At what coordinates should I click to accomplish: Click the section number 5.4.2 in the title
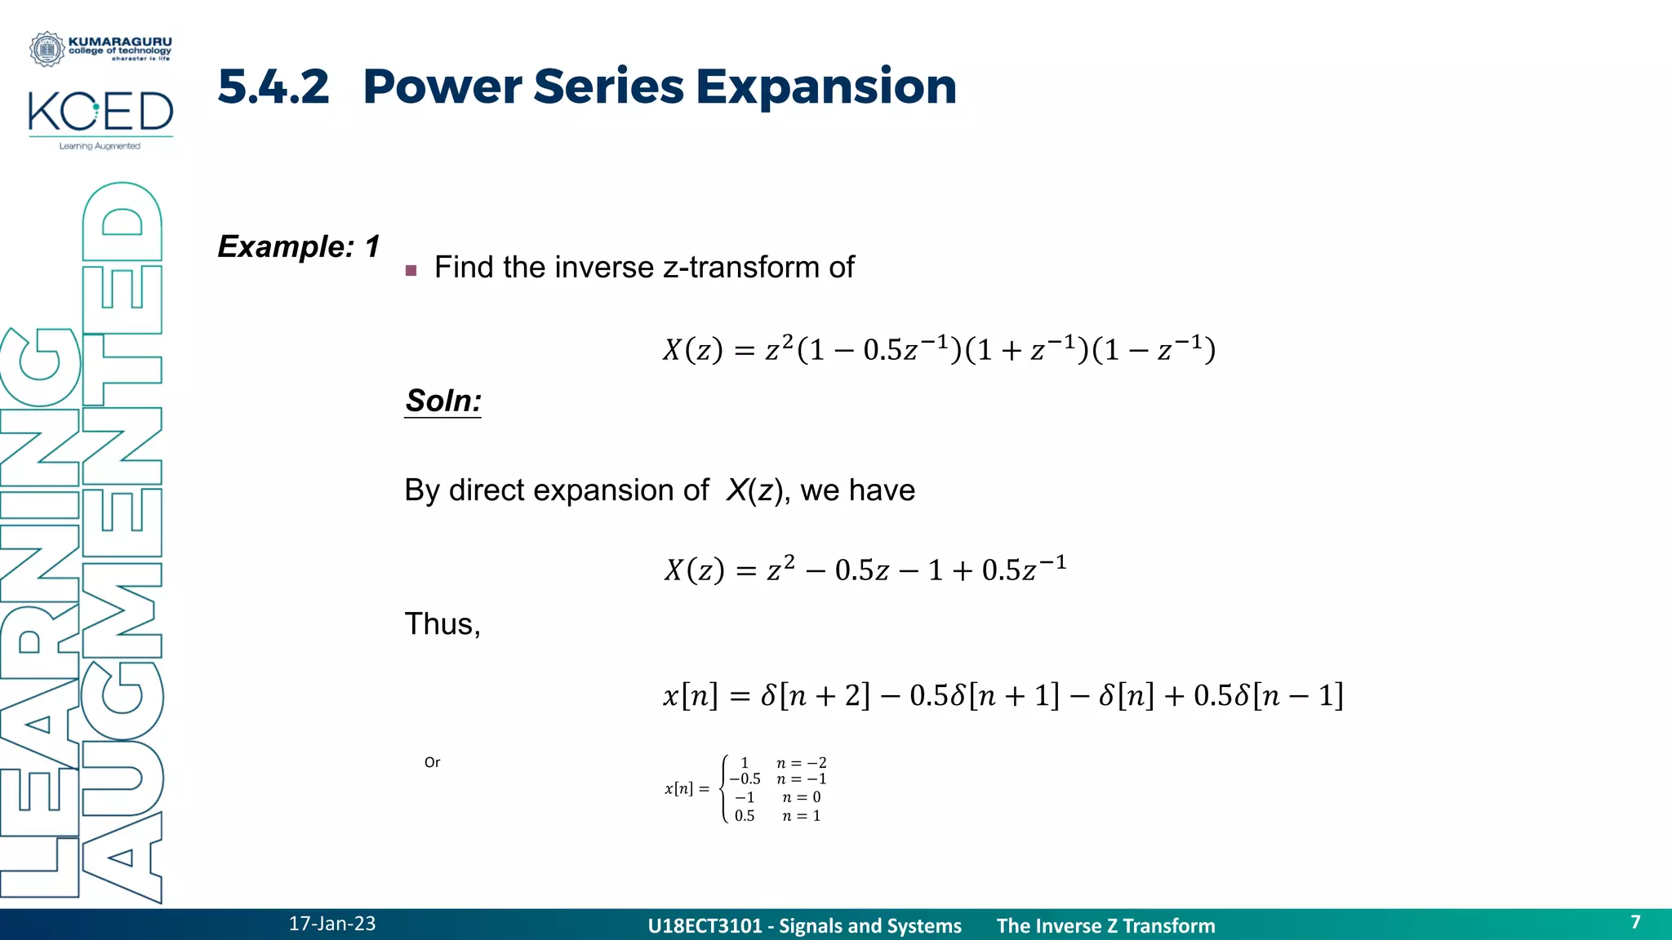[273, 86]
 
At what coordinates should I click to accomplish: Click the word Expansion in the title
[825, 86]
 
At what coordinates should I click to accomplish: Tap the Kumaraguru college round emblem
[47, 49]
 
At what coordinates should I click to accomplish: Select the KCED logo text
[100, 112]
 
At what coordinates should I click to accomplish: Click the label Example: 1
[299, 246]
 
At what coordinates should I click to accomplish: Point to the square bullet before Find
[411, 270]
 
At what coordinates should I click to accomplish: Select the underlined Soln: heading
[443, 401]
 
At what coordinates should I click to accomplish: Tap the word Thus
[442, 624]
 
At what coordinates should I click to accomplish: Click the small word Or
[432, 762]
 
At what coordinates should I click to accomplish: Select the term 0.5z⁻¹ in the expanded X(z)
[1024, 569]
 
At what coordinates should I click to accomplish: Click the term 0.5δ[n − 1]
[1268, 695]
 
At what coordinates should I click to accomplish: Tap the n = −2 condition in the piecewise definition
[801, 763]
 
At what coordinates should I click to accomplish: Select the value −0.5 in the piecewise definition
[745, 779]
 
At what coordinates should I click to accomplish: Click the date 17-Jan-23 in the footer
[332, 924]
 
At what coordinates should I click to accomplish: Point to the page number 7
[1635, 922]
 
